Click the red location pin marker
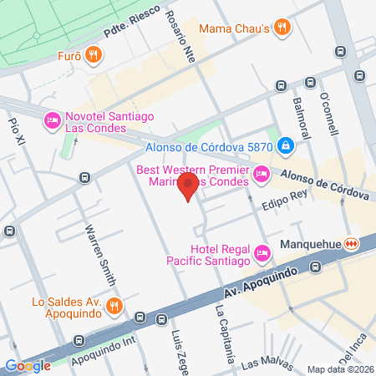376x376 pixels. [190, 186]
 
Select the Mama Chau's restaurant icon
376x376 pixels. [283, 27]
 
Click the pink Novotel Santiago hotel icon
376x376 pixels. [51, 121]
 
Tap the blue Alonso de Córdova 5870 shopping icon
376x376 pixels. [286, 146]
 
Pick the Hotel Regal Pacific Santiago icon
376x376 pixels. [262, 252]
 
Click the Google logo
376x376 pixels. [28, 365]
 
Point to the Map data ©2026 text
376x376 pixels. [340, 369]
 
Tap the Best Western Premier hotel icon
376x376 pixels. [261, 175]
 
